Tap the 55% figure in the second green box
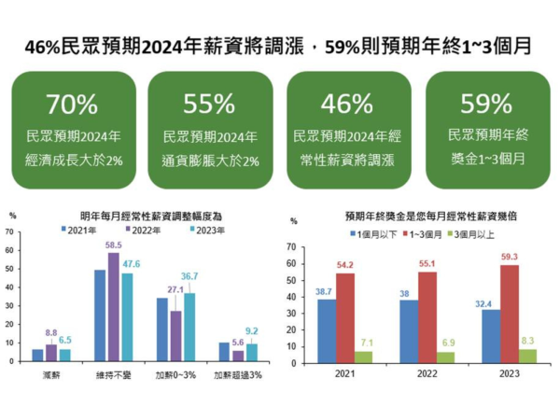(x=210, y=104)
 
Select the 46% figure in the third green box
(x=348, y=104)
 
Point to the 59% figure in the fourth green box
(x=485, y=104)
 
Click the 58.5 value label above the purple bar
(x=115, y=245)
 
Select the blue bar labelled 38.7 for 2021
(x=326, y=319)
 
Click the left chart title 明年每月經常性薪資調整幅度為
(x=145, y=215)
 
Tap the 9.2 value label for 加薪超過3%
(x=252, y=329)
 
